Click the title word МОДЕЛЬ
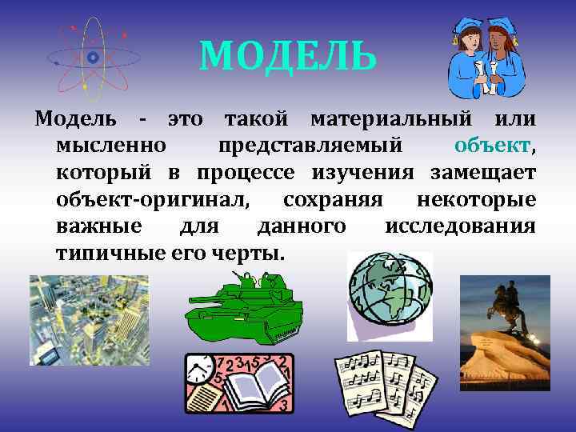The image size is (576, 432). [x=287, y=55]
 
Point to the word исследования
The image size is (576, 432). [x=459, y=226]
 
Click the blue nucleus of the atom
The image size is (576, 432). [x=93, y=57]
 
